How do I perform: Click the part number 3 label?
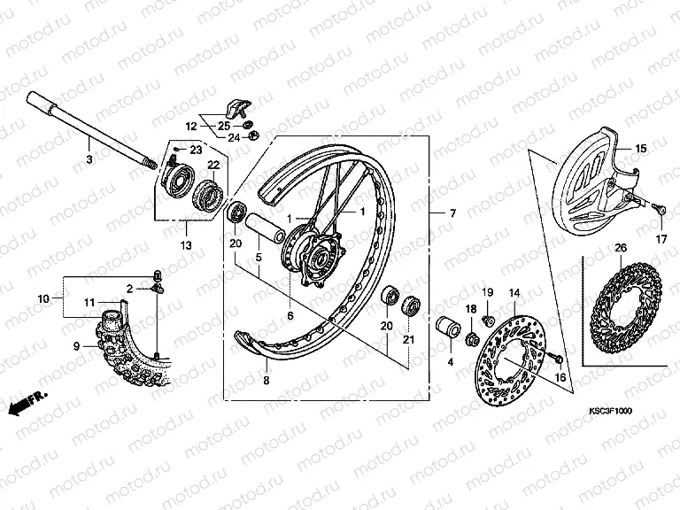point(89,158)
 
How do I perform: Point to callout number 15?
point(641,148)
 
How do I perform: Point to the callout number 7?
point(452,215)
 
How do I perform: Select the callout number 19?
point(487,293)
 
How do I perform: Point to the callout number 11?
point(89,303)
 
